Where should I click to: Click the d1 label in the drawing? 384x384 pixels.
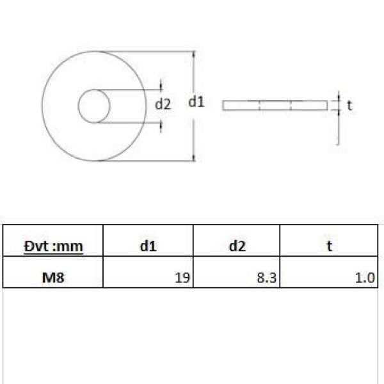(196, 101)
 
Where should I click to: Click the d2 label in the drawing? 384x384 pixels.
(163, 105)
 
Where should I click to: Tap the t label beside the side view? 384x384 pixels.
(349, 106)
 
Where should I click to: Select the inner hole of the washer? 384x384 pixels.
(94, 106)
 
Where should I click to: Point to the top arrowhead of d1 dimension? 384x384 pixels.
(194, 56)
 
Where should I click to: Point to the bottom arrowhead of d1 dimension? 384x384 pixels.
(194, 157)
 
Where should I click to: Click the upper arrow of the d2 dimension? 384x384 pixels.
(161, 86)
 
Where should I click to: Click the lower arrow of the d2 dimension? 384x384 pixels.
(161, 124)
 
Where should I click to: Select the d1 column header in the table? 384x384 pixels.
(148, 246)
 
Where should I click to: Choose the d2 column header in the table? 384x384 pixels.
(237, 246)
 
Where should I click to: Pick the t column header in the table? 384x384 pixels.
(329, 246)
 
